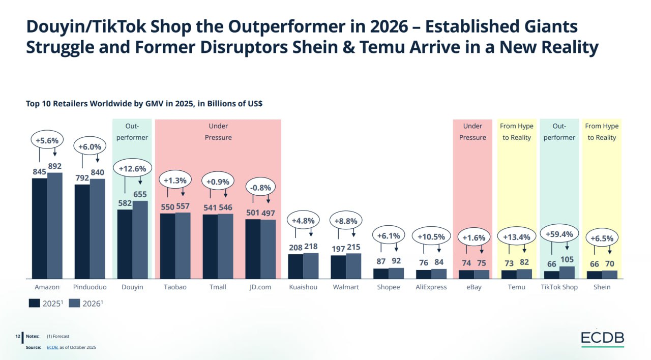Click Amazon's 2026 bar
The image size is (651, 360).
pos(55,225)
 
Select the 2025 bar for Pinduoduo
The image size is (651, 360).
pos(82,231)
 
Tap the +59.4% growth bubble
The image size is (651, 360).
pos(559,234)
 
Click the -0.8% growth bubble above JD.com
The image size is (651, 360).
pos(260,187)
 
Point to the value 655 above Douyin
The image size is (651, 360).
pos(140,194)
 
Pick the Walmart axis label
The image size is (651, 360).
pos(346,287)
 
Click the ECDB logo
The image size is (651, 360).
pos(603,338)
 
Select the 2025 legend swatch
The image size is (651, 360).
pos(35,303)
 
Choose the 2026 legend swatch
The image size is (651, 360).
pos(74,303)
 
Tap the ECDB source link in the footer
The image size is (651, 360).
pos(52,347)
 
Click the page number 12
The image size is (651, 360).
pos(18,336)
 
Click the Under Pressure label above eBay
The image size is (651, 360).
pos(472,132)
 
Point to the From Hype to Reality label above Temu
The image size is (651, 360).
pos(517,132)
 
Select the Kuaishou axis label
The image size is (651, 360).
pos(303,287)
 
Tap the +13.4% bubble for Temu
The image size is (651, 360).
pos(517,237)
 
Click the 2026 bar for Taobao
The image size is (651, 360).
pos(183,245)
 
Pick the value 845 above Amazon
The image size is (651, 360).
pos(40,172)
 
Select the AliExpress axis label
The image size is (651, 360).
pos(431,287)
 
